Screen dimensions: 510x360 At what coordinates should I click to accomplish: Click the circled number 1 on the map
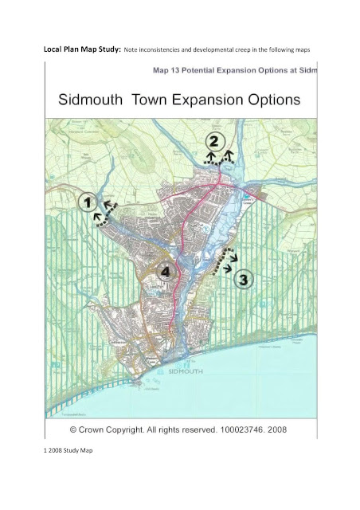click(88, 202)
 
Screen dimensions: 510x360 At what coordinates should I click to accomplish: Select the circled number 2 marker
click(213, 142)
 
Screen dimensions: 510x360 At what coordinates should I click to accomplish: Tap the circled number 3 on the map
click(245, 280)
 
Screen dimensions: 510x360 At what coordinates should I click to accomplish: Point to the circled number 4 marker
click(165, 271)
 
